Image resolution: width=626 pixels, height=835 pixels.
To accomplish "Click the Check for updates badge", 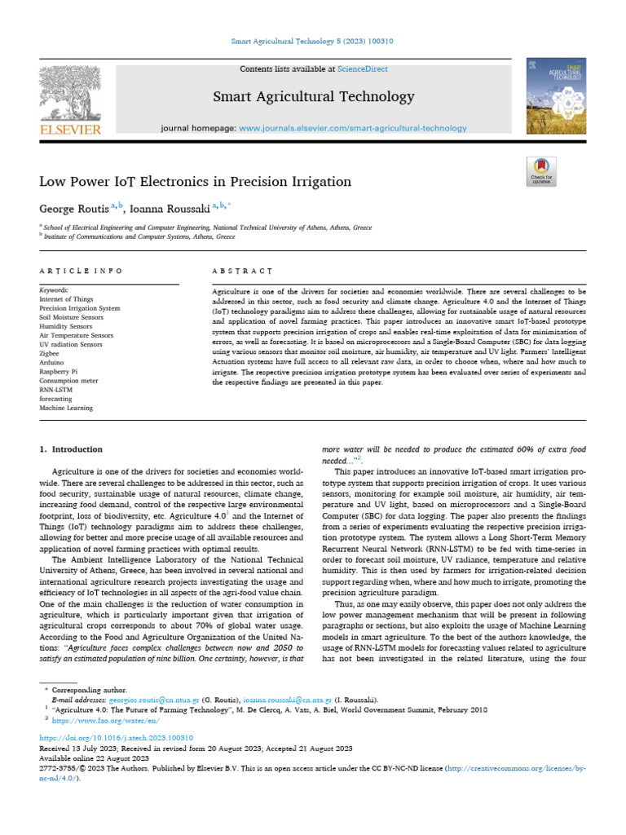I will pyautogui.click(x=541, y=171).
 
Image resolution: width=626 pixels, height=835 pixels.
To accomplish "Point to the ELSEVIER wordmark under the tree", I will pyautogui.click(x=70, y=129).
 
